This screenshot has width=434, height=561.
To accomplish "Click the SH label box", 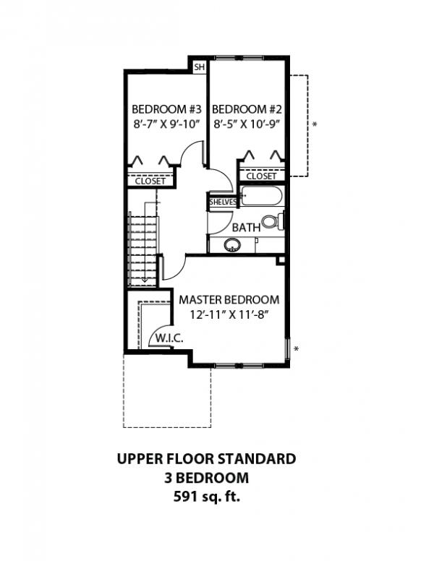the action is coord(200,67).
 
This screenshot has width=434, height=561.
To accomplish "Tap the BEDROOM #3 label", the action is coord(167,108).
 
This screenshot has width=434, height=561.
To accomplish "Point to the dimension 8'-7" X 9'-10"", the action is coord(166,124).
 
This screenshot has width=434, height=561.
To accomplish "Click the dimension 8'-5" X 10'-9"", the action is coord(247,124).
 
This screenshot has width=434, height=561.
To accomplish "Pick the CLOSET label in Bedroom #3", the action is coord(150,181).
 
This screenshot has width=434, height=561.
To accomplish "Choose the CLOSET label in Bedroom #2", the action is coord(261,176).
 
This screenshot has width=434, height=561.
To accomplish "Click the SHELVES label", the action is coord(223,202).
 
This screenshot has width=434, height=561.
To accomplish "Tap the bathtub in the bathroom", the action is coord(261,196).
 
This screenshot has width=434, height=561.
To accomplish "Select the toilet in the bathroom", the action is coord(273,221).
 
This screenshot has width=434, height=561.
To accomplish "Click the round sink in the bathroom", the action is coord(232,245).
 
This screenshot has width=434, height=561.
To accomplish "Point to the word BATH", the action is coord(246,227).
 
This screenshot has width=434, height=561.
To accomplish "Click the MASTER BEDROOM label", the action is coord(229,300).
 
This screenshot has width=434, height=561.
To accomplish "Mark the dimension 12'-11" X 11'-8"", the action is coord(229,315).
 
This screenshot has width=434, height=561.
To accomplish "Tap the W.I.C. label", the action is coord(169,338).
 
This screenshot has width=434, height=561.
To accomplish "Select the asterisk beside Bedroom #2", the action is coord(315,124).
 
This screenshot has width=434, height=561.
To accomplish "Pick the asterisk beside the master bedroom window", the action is coord(296,348).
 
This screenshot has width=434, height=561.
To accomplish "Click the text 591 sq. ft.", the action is coord(207,497).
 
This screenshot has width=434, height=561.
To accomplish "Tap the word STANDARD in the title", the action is coord(257,458).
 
